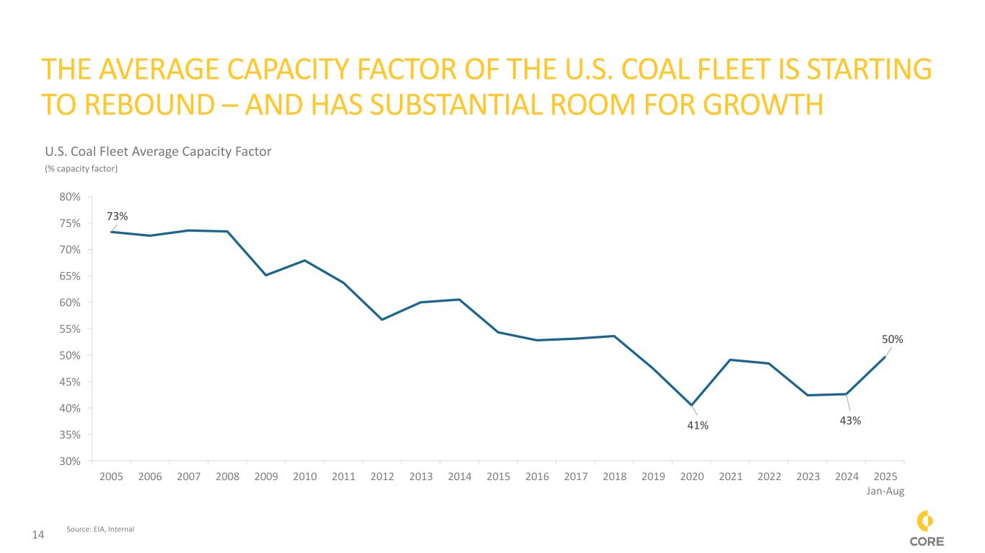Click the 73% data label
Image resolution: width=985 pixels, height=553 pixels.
[x=118, y=216]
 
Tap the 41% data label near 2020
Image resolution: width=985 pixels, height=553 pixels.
[x=698, y=425]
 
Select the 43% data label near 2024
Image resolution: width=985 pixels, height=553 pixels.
[x=851, y=420]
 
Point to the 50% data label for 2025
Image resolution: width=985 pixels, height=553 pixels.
[x=893, y=339]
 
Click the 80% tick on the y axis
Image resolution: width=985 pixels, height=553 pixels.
[x=70, y=196]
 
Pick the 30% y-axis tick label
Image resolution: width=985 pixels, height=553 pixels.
[x=70, y=461]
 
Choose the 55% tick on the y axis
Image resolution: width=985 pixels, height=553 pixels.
[x=70, y=328]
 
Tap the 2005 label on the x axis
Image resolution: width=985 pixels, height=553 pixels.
[x=111, y=477]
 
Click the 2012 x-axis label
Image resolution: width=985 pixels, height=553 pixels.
[x=382, y=477]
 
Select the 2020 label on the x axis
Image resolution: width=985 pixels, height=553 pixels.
[x=692, y=477]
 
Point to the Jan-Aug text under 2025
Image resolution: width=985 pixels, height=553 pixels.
[x=885, y=491]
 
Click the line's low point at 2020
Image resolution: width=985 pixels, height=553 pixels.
[x=691, y=405]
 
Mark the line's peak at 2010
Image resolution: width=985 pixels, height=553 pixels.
[x=305, y=261]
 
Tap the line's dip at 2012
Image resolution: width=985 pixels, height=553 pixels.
[x=382, y=319]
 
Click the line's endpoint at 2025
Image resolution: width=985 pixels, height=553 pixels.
[x=885, y=357]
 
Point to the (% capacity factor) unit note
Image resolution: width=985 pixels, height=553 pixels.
[x=81, y=169]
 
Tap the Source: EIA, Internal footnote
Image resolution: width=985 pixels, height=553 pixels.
[x=100, y=529]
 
